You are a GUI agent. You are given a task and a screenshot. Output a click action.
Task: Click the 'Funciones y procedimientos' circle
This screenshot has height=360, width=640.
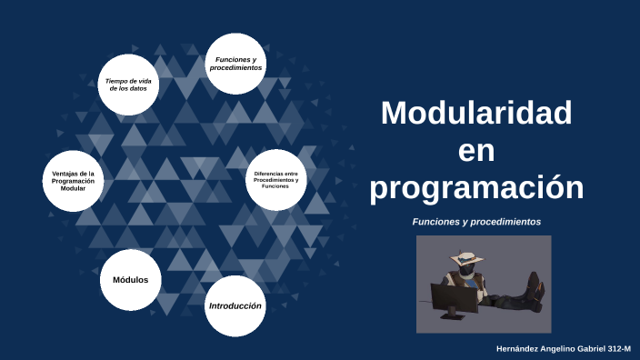click(x=235, y=64)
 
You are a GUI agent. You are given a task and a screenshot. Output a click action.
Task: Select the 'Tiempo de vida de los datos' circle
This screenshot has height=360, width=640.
click(x=127, y=85)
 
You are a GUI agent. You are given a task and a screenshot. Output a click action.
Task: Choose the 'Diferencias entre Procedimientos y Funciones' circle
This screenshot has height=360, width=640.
click(x=275, y=179)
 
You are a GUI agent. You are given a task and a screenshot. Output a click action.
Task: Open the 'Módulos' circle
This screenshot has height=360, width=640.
click(x=130, y=279)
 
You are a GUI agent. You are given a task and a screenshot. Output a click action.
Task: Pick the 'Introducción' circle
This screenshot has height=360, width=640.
click(x=235, y=306)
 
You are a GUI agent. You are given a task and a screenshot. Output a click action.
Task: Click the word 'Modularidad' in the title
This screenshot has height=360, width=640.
click(x=476, y=114)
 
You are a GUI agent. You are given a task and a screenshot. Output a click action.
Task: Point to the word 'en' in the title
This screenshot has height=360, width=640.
click(x=476, y=151)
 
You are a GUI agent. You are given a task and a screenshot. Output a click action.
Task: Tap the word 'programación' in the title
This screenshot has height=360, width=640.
click(x=476, y=187)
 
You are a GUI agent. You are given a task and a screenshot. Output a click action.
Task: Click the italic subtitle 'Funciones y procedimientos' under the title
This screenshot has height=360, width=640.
click(x=476, y=221)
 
